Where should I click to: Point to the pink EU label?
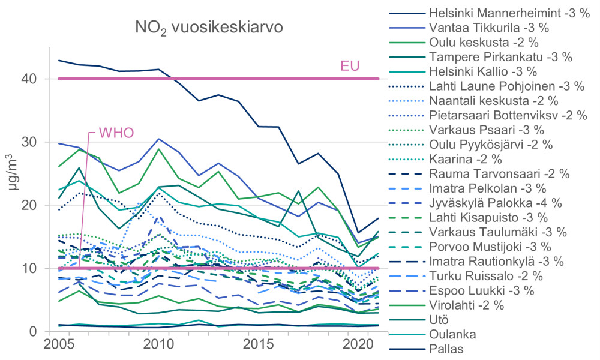coord(350,65)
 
